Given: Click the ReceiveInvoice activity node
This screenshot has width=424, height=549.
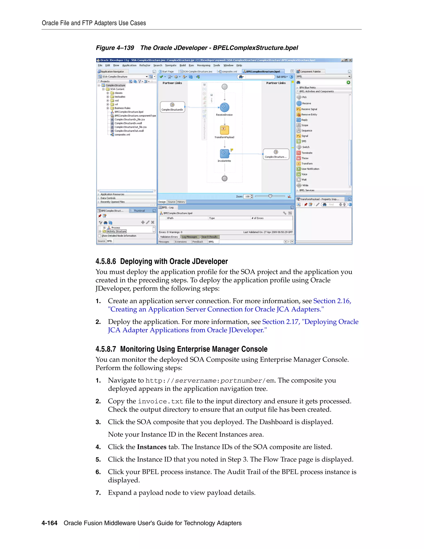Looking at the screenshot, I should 224,107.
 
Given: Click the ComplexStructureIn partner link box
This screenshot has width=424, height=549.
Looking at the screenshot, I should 172,107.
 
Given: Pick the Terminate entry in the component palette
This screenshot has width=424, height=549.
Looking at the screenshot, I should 306,153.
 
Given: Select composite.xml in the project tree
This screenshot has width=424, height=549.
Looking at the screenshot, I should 122,135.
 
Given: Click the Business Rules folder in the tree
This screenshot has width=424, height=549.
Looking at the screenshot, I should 122,108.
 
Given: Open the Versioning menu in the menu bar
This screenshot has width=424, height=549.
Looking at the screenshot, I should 204,65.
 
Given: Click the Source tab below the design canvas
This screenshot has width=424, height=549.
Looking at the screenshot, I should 172,202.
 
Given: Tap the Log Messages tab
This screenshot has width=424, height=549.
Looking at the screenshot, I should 189,237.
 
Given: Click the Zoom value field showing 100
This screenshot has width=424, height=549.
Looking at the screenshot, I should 247,197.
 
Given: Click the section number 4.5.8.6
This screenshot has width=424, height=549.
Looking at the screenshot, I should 106,261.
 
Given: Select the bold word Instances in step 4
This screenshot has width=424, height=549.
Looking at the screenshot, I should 152,447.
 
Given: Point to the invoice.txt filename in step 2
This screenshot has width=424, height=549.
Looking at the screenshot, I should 160,401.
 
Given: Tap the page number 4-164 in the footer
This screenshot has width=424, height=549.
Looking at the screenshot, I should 49,523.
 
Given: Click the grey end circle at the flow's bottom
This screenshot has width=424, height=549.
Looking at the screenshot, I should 225,178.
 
